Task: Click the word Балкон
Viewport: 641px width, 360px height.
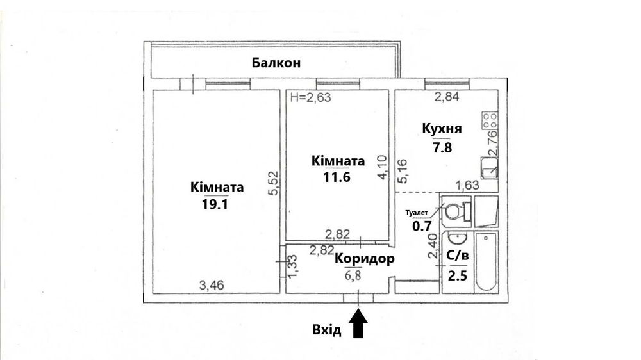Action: [276, 63]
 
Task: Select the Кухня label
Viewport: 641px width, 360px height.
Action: [442, 128]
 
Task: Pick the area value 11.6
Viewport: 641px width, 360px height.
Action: [337, 177]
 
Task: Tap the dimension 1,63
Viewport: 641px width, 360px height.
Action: [467, 186]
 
